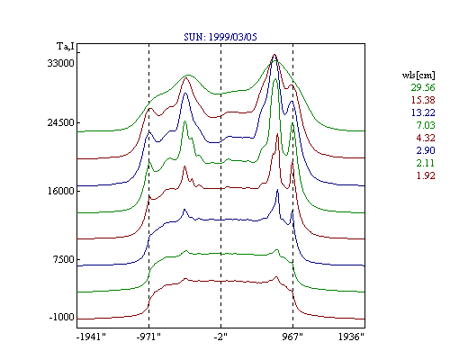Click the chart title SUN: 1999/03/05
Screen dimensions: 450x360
[220, 37]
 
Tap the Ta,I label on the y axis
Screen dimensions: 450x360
[66, 46]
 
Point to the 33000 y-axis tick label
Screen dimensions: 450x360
[60, 63]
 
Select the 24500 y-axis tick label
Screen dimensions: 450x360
[60, 122]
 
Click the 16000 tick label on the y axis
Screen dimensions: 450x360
[60, 191]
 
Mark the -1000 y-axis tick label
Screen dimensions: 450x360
[62, 317]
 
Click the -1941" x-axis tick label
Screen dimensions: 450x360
[92, 337]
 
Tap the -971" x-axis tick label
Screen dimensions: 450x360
[148, 337]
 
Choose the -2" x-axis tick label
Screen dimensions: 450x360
[220, 337]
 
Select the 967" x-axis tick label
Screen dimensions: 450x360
[292, 337]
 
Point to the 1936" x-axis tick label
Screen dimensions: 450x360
[351, 337]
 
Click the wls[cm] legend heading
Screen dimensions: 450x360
[418, 75]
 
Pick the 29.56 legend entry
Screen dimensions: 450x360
[423, 87]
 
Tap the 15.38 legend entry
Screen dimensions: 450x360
[423, 100]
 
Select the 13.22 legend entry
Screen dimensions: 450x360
[423, 112]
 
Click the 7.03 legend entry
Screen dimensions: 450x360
[426, 125]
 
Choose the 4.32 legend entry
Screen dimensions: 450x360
[426, 138]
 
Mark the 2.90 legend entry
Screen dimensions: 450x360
[426, 150]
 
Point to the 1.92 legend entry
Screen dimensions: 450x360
[426, 175]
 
